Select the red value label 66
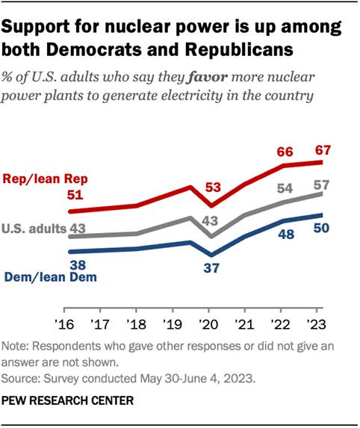pos(285,152)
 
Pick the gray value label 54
pos(285,189)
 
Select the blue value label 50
pos(322,229)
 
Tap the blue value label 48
pos(285,233)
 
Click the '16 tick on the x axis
pos(64,324)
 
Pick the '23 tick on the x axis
pos(316,324)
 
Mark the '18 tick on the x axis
pos(136,324)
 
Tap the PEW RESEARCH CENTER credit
pos(69,400)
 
